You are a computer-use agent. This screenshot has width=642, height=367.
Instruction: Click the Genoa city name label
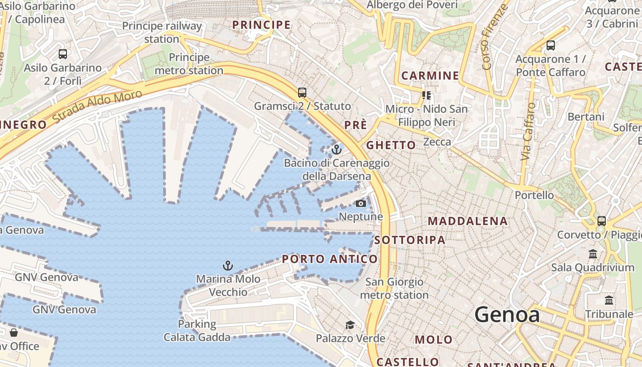pos(507,315)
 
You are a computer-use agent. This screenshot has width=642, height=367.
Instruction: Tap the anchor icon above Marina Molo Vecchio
pos(228,265)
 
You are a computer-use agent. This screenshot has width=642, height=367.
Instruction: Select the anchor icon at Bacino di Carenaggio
pos(337,149)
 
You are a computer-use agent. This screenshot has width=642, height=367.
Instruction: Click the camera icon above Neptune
pos(361,203)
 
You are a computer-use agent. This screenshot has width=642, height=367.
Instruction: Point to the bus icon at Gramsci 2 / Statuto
pos(302,92)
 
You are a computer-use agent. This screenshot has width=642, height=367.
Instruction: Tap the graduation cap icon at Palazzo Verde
pos(350,325)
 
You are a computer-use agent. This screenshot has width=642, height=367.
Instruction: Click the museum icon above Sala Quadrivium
pos(592,254)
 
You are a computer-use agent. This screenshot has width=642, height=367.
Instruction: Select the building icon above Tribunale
pos(609,300)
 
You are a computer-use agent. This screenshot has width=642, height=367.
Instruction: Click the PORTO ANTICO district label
pos(330,259)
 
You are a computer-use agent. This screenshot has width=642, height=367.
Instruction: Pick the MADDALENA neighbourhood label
pos(468,221)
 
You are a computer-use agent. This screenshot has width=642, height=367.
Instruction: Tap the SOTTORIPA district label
pos(410,240)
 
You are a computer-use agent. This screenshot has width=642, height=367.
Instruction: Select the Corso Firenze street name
pos(495,37)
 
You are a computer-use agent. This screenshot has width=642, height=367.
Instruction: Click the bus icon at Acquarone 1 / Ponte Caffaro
pos(550,45)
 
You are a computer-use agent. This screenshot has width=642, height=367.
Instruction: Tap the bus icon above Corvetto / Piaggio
pos(602,221)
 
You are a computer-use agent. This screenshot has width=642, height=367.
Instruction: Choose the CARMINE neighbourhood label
pos(430,76)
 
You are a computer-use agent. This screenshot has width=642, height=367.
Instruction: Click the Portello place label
pos(534,195)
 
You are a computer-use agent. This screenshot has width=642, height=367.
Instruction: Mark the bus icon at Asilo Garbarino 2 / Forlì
pos(63,54)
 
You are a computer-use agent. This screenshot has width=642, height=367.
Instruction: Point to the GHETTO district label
pos(391,145)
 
